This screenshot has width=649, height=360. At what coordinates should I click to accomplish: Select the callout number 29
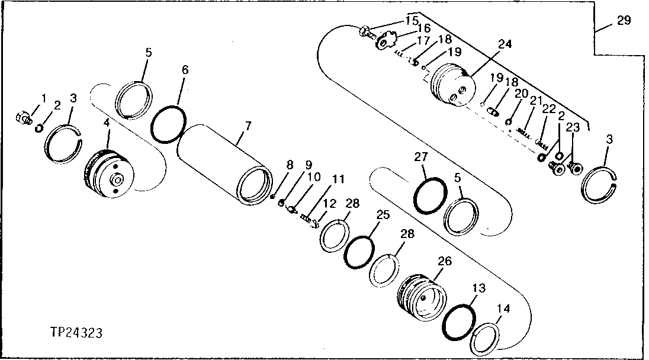(x=624, y=21)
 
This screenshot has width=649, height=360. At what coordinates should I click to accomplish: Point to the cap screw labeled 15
(x=367, y=30)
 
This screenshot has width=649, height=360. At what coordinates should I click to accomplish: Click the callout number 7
(x=248, y=125)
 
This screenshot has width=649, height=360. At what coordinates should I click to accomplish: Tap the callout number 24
(x=505, y=44)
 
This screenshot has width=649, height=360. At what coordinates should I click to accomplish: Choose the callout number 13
(x=478, y=288)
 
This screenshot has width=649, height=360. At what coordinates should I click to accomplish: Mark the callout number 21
(x=535, y=102)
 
